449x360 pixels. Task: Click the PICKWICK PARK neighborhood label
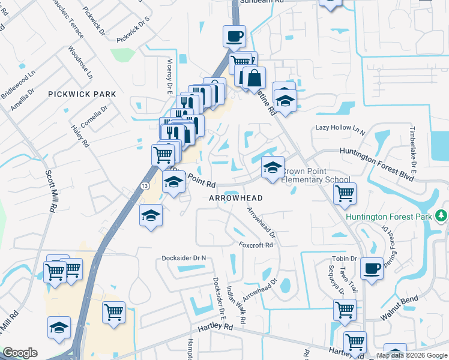coord(82,94)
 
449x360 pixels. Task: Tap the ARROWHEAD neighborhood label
coord(236,197)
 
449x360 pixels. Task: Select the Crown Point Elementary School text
coord(315,175)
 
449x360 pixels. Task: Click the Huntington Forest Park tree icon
coord(442,215)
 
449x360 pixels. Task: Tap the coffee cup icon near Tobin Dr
coord(372,269)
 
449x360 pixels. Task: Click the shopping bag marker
coord(254,79)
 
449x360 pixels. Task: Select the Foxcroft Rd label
coord(256,245)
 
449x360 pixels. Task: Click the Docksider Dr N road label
coord(184,258)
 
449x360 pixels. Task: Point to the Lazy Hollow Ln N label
coord(340,128)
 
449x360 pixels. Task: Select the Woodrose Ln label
coord(80,63)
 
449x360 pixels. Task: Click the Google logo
coord(20,353)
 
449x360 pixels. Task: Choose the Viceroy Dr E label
coord(170,76)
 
